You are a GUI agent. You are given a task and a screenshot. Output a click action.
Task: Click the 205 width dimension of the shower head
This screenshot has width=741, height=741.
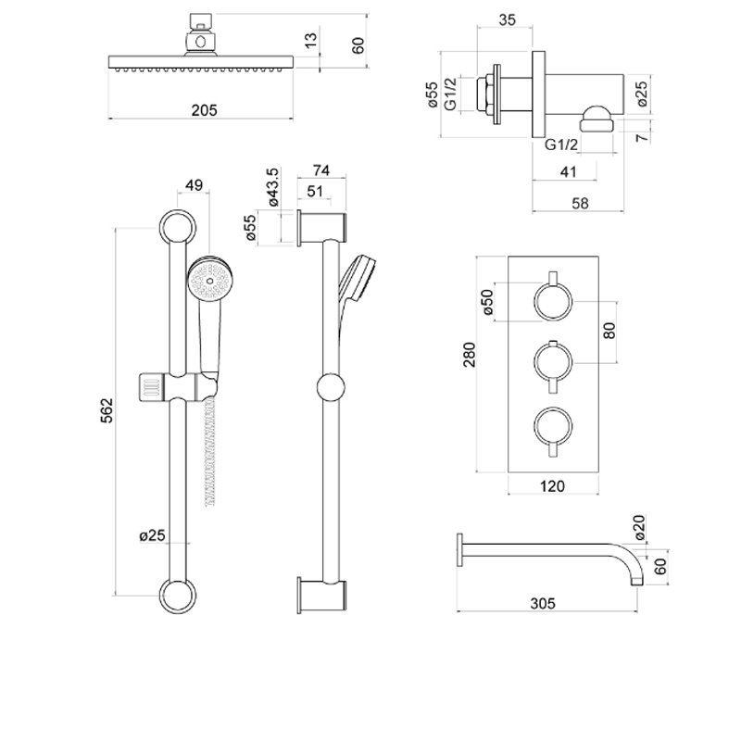204,109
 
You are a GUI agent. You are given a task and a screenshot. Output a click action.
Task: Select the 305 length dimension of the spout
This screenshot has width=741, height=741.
543,603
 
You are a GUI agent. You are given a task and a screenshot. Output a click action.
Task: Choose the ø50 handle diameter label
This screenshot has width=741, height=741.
489,303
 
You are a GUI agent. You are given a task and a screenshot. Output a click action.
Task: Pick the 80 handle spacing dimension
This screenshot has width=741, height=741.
609,330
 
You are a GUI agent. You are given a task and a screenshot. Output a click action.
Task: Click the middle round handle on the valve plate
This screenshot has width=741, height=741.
553,361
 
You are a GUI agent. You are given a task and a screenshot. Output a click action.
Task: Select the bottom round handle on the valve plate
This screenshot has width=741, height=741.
553,426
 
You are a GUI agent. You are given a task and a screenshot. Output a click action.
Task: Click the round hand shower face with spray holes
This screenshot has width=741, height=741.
207,279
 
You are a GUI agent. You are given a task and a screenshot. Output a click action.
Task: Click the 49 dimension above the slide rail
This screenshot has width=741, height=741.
194,185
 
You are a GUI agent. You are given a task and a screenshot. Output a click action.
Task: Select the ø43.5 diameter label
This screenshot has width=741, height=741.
272,187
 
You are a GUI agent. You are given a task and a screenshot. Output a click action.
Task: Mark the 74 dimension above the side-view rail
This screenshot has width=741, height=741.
322,170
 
